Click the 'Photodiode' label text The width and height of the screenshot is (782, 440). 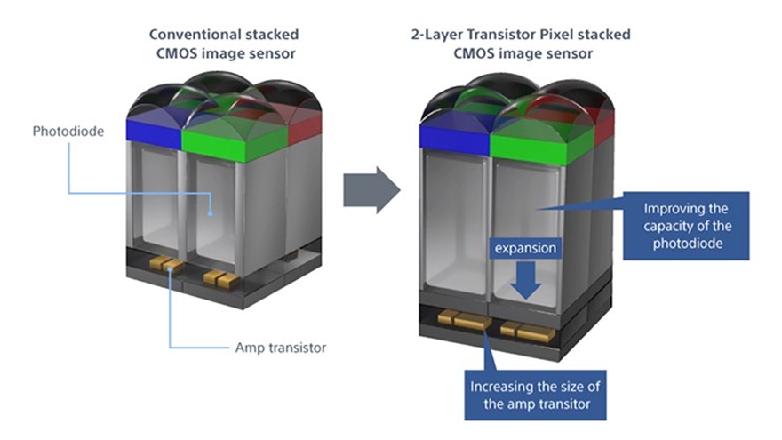click(x=68, y=132)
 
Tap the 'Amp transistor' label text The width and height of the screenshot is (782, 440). click(x=281, y=348)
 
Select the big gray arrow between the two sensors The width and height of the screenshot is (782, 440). click(x=371, y=190)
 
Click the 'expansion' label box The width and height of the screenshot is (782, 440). click(x=525, y=248)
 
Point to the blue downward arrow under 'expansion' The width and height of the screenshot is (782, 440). click(x=526, y=280)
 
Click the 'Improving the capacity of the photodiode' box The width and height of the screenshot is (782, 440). click(x=686, y=226)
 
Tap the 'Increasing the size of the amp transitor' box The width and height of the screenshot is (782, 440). click(x=535, y=395)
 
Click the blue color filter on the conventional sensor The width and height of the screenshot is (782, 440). click(x=153, y=131)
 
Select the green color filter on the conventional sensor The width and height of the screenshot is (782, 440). click(x=235, y=139)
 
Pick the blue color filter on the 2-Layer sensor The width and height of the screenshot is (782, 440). click(x=454, y=138)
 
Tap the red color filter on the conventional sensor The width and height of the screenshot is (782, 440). click(x=305, y=128)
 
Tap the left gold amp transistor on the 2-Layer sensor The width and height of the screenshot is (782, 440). click(x=463, y=319)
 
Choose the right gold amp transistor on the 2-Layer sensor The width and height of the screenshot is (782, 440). click(x=528, y=332)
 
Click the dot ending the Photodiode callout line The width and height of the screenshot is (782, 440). click(x=211, y=213)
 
